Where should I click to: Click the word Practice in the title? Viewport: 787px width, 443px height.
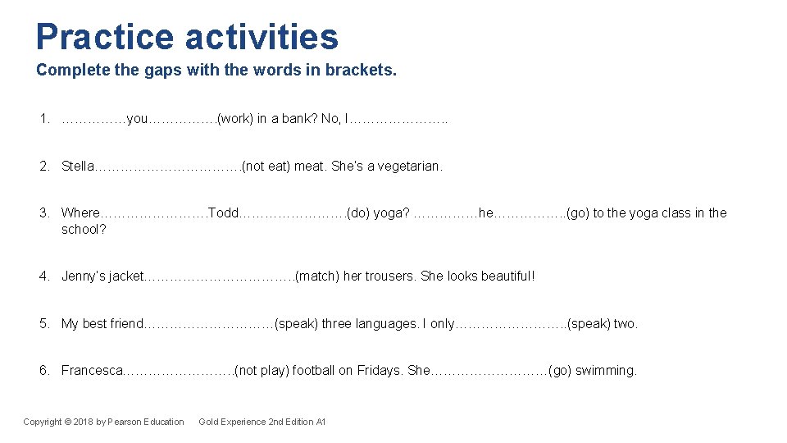tap(105, 37)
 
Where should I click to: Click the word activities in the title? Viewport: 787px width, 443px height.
tap(262, 37)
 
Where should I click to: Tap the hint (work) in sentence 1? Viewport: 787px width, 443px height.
tap(234, 119)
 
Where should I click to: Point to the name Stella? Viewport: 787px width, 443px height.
tap(78, 167)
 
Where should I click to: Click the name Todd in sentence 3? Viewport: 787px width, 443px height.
tap(224, 213)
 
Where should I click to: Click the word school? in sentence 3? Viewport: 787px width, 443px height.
tap(84, 229)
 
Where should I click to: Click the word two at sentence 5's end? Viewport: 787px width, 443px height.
tap(625, 323)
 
